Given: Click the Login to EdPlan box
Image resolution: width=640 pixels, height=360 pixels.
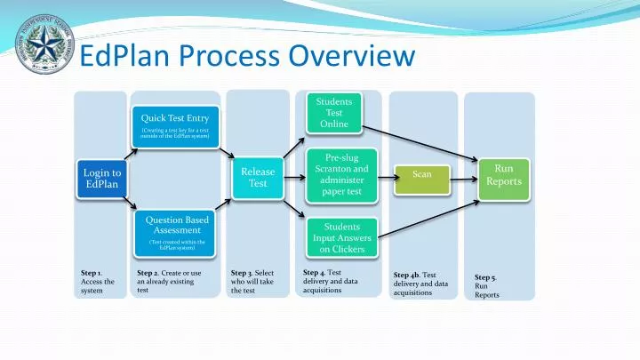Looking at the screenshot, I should [102, 179].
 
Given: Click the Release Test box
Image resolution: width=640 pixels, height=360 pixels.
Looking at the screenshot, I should [258, 177].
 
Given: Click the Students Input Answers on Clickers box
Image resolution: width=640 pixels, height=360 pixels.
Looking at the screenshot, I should [341, 238].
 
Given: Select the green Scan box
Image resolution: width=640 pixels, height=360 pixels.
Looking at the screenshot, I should [422, 174].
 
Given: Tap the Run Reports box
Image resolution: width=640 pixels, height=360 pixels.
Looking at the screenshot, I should [503, 175].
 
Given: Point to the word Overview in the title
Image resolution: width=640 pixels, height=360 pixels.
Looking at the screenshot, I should [352, 56].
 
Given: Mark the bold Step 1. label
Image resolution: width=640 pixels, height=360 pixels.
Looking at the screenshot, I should [91, 273].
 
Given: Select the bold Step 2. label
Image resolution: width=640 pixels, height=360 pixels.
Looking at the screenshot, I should [147, 273].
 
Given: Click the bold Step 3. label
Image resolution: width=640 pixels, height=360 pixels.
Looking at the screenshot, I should [241, 273].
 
